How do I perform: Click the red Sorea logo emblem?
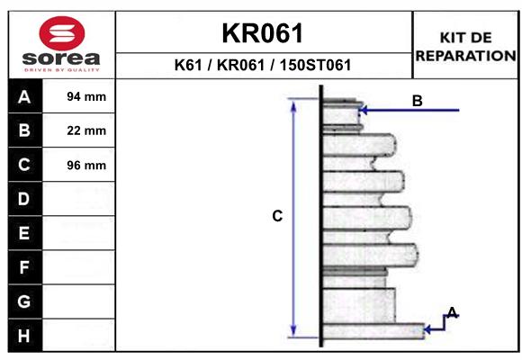(62, 33)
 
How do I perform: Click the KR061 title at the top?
(263, 34)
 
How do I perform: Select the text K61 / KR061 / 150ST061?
(263, 66)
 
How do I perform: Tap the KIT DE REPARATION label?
(465, 46)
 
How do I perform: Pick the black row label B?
(24, 130)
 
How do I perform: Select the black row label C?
(24, 165)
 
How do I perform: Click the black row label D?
(24, 199)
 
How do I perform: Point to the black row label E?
(24, 233)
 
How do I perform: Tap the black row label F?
(24, 267)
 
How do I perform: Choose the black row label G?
(24, 301)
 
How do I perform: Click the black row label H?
(24, 336)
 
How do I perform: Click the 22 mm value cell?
(86, 130)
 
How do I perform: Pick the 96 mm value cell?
(86, 165)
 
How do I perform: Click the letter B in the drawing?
(417, 101)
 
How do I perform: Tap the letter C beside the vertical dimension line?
(277, 216)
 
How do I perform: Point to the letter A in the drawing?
(453, 312)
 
